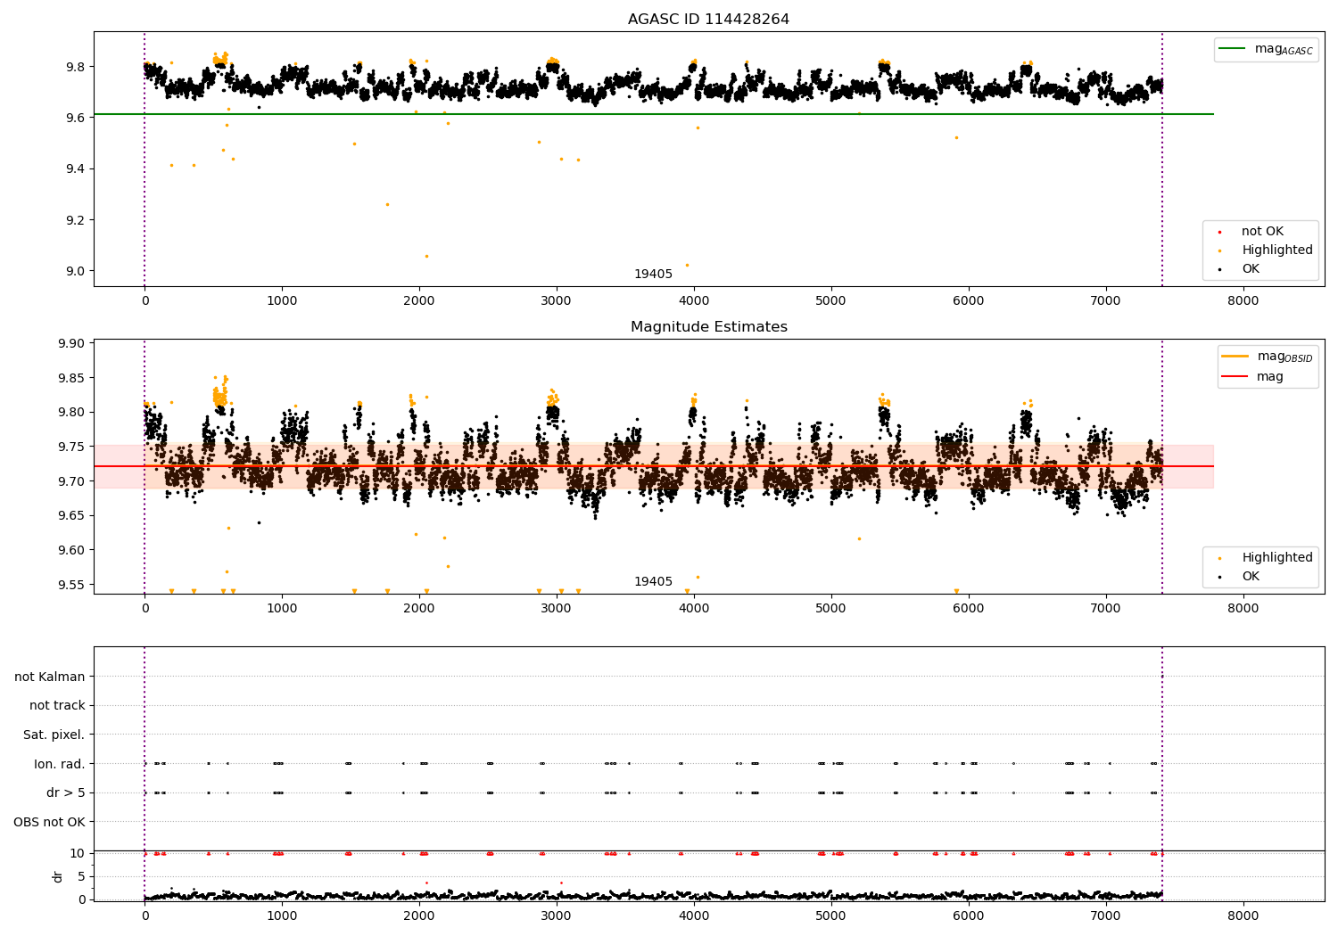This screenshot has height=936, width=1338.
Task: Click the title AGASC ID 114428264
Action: pyautogui.click(x=708, y=20)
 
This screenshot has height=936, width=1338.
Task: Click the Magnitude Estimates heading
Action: pyautogui.click(x=708, y=327)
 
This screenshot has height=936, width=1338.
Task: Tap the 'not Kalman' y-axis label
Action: pyautogui.click(x=50, y=677)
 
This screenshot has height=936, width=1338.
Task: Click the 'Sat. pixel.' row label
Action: pyautogui.click(x=54, y=735)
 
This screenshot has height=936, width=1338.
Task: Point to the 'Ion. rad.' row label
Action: pyautogui.click(x=59, y=764)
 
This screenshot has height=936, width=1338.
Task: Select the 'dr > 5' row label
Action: pyautogui.click(x=65, y=792)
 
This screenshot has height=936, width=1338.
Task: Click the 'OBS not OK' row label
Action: pyautogui.click(x=49, y=822)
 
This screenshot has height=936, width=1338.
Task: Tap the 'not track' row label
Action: pyautogui.click(x=57, y=705)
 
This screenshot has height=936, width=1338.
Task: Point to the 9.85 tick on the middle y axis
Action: pyautogui.click(x=70, y=378)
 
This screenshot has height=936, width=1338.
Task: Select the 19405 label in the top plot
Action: pyautogui.click(x=653, y=275)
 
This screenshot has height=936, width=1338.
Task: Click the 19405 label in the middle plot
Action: pyautogui.click(x=653, y=582)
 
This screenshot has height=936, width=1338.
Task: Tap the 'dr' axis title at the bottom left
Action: pyautogui.click(x=58, y=876)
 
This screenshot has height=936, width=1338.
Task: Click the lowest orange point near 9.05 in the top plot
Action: pyautogui.click(x=426, y=256)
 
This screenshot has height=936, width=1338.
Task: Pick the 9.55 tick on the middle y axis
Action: pyautogui.click(x=70, y=585)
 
